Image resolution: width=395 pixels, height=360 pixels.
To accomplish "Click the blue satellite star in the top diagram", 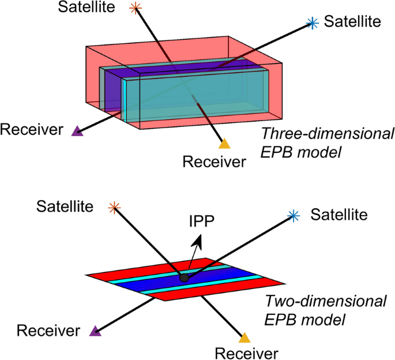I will pos(312,23).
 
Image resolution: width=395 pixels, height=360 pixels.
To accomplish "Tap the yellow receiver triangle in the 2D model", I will pos(244,337).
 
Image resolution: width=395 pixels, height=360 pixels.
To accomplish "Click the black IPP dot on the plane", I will pos(184,277).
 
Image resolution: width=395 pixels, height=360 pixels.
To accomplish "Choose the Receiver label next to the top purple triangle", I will pos(31,130).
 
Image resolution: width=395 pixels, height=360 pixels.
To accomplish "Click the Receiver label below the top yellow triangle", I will pos(214,161).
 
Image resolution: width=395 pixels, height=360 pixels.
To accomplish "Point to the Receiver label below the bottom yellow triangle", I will pos(246,351).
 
